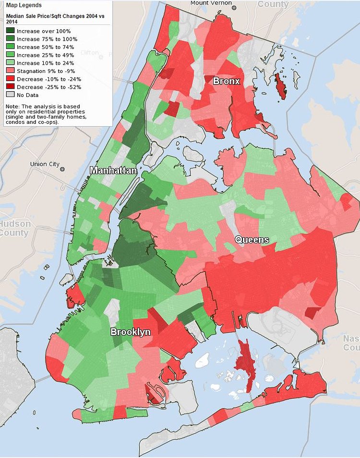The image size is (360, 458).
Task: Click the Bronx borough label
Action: click(x=226, y=81)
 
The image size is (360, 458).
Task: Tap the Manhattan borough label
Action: click(x=113, y=170)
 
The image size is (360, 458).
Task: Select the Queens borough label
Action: click(x=252, y=240)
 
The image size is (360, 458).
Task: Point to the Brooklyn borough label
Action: click(x=131, y=332)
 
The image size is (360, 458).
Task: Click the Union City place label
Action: click(x=45, y=164)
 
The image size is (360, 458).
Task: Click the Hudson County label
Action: click(x=14, y=229)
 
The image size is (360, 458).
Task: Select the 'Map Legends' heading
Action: click(x=24, y=5)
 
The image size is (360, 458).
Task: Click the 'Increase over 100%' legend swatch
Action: click(x=10, y=31)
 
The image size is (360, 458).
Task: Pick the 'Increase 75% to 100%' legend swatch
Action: click(x=10, y=39)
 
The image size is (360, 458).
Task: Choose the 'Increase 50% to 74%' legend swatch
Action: click(x=10, y=47)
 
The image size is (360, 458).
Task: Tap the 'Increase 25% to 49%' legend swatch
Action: click(x=10, y=55)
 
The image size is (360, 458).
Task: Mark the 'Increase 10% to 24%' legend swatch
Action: click(x=10, y=63)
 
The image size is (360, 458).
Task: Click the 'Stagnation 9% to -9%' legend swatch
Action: click(x=10, y=71)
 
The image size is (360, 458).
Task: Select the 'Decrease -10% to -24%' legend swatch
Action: click(x=10, y=79)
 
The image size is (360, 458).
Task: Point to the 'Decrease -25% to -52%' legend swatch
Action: click(x=10, y=87)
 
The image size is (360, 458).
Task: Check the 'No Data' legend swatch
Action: click(x=10, y=95)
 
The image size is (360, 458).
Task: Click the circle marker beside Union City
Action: click(x=62, y=169)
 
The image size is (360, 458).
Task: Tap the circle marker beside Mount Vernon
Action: click(x=235, y=8)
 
